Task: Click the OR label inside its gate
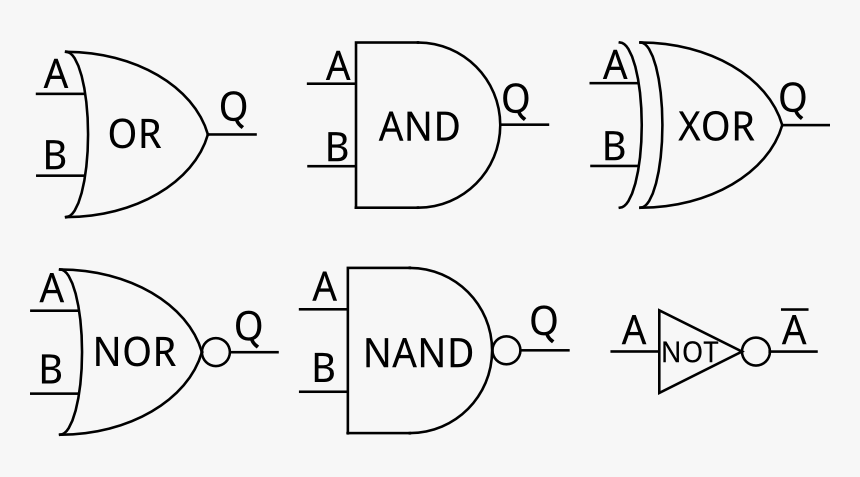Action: pos(134,134)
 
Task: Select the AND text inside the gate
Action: pos(419,127)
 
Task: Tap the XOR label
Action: pos(715,127)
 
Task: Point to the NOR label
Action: pos(134,352)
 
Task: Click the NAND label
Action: pos(418,353)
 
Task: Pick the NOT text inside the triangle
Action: pos(689,352)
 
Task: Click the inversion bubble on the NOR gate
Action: pos(216,352)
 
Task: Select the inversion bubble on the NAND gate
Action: pos(507,351)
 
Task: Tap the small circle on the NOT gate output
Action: pos(756,352)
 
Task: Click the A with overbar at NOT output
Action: pos(794,329)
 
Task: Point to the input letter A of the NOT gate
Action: pos(633,330)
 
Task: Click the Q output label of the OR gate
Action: pos(233,107)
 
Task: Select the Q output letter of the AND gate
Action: pos(516,99)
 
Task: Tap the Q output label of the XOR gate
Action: pos(792,98)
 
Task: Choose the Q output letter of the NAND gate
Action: pos(543,321)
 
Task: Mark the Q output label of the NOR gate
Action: pos(248,325)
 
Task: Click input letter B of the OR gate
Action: pos(54,156)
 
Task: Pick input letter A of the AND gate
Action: pos(339,67)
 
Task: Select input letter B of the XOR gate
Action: pos(614,147)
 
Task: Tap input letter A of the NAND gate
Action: pos(325,288)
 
